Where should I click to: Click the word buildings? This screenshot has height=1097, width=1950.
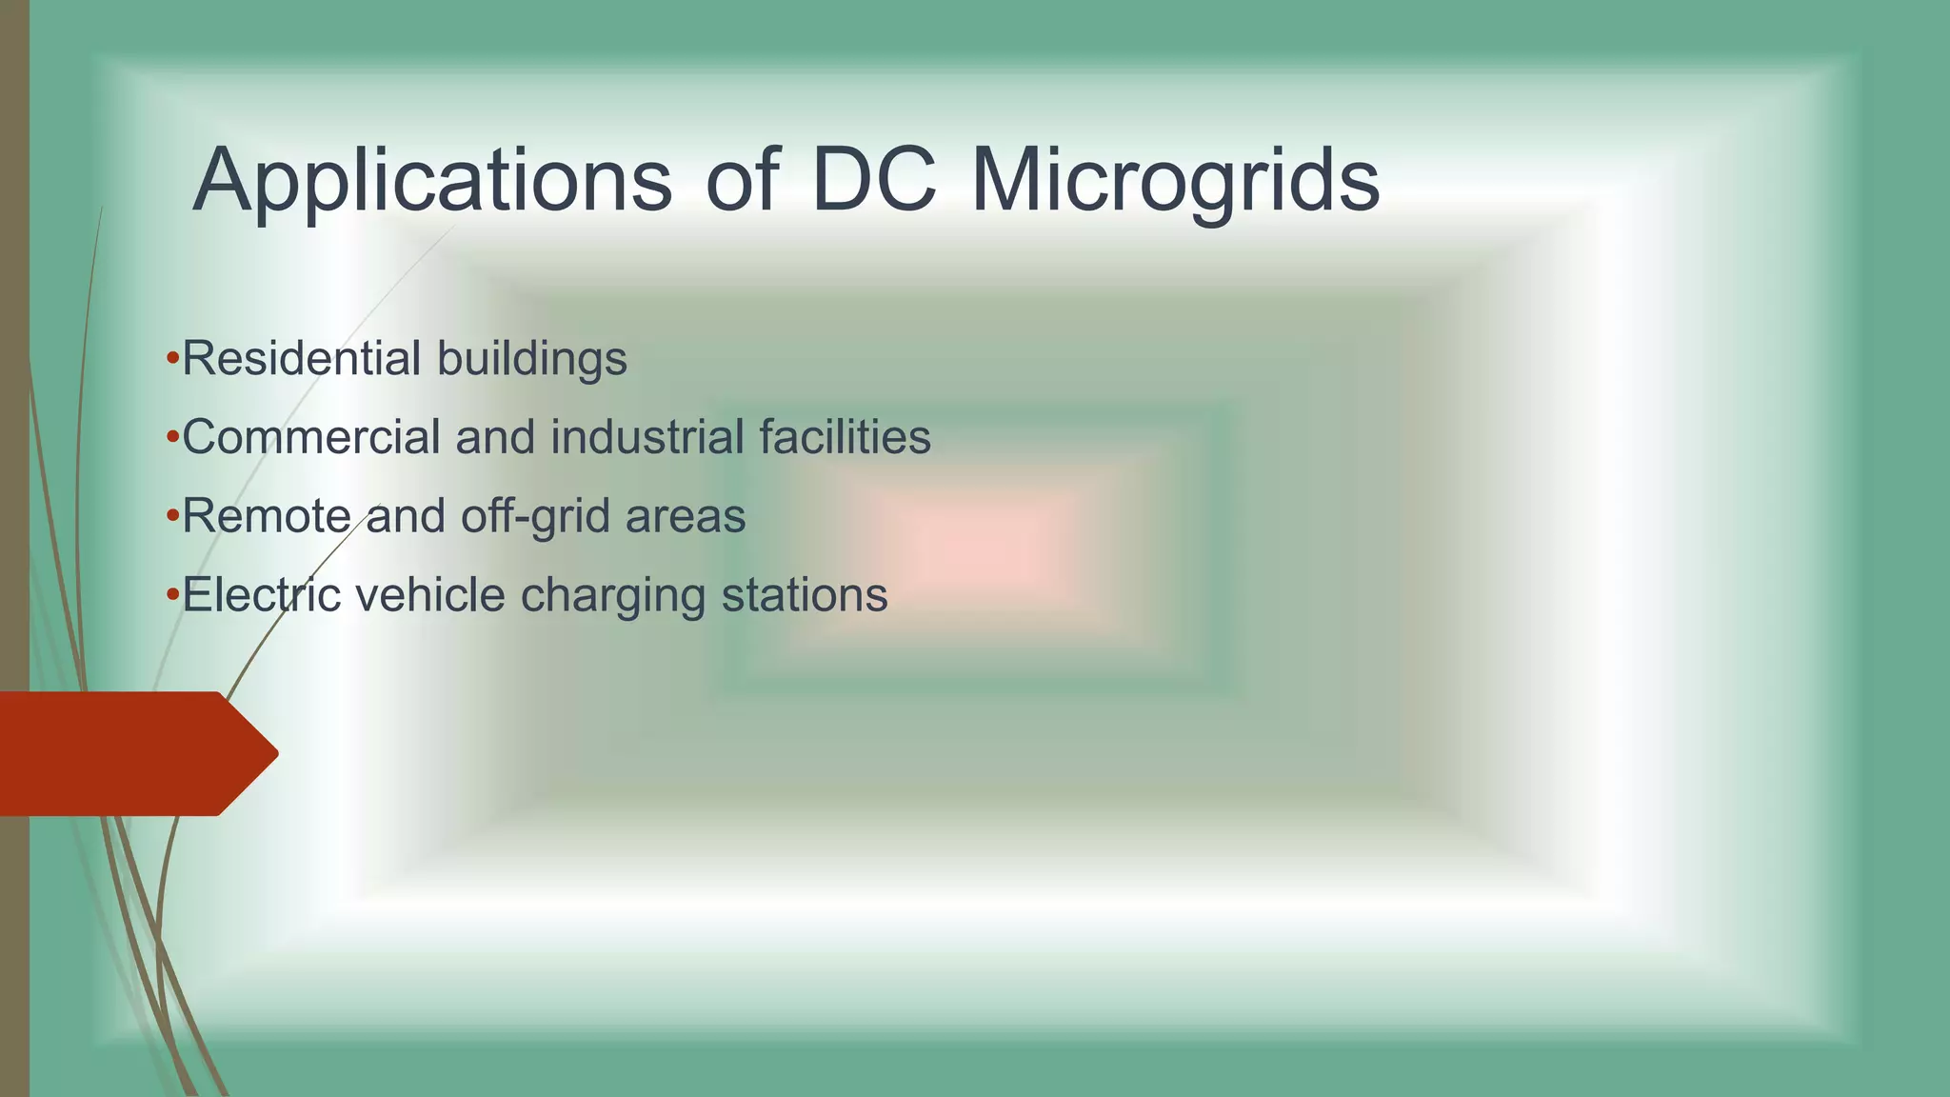pos(532,360)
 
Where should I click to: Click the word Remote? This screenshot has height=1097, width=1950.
pos(267,516)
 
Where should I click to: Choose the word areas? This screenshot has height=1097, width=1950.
pos(686,517)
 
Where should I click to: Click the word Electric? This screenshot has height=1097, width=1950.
pos(262,595)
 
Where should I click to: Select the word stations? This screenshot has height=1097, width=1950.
pos(805,595)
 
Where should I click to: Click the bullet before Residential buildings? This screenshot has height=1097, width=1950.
pos(172,359)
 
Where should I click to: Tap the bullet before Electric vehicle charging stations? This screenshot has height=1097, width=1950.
pos(172,595)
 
